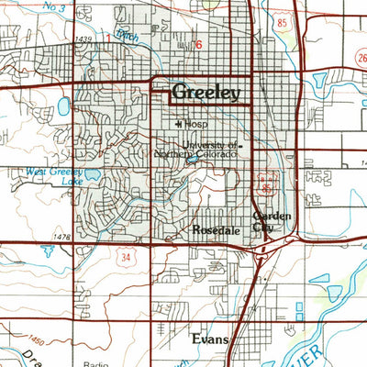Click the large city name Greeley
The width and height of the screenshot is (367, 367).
pyautogui.click(x=206, y=93)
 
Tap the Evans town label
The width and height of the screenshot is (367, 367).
pyautogui.click(x=210, y=339)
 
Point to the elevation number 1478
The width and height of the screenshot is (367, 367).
pyautogui.click(x=62, y=238)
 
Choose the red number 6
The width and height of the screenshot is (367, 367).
pyautogui.click(x=197, y=43)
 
